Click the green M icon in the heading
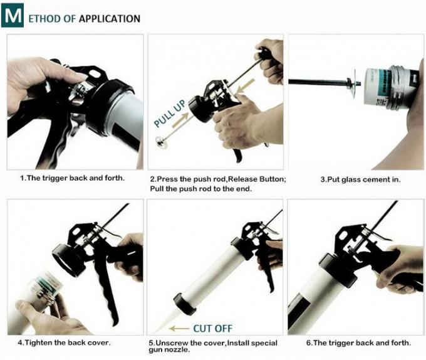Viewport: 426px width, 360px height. pyautogui.click(x=12, y=17)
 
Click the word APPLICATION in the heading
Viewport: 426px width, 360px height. pyautogui.click(x=110, y=18)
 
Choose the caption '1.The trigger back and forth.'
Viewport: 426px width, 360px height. pyautogui.click(x=72, y=177)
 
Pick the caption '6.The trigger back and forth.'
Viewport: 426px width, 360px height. pyautogui.click(x=359, y=342)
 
